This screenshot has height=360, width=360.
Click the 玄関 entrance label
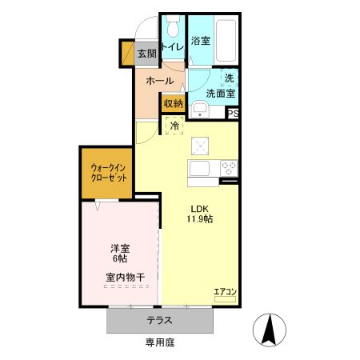[x=146, y=54]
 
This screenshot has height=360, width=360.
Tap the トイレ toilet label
[x=173, y=46]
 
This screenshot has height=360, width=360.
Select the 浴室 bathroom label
[x=201, y=41]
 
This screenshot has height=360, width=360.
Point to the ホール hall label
[x=159, y=81]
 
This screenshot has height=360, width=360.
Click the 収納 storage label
[x=173, y=103]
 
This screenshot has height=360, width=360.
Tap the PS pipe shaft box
[x=232, y=114]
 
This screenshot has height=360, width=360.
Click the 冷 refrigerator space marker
[x=174, y=126]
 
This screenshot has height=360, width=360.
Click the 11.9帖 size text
[x=200, y=218]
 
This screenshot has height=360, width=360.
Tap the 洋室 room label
[x=121, y=248]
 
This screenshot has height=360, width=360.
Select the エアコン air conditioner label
[x=224, y=291]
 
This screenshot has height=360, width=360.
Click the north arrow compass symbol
[x=270, y=329]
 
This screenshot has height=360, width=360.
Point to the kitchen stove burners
[x=227, y=168]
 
